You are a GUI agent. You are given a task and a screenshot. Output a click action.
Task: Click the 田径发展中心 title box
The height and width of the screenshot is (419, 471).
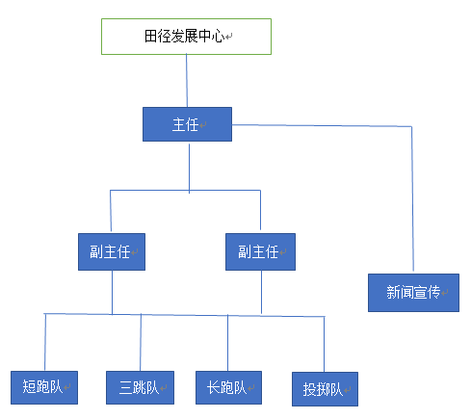(x=186, y=37)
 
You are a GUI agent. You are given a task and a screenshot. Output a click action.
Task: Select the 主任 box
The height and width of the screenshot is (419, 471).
(x=187, y=124)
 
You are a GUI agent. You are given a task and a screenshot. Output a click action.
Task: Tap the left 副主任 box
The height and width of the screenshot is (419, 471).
(x=112, y=251)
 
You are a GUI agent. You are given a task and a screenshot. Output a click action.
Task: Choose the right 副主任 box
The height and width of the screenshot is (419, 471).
(x=260, y=251)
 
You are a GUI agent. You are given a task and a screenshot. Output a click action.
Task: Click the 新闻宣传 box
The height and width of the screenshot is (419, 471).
(x=413, y=293)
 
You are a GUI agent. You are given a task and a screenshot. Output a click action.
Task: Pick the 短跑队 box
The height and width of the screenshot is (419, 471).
(x=44, y=387)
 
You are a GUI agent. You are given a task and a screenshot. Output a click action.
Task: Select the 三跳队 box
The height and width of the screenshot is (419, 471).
(x=140, y=387)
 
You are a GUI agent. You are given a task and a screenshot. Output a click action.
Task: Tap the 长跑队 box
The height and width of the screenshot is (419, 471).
(x=228, y=387)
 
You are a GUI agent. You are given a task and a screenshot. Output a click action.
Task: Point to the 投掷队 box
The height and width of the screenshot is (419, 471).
(x=325, y=389)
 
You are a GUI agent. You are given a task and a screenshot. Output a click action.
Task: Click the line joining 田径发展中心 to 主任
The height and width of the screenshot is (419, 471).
(x=187, y=81)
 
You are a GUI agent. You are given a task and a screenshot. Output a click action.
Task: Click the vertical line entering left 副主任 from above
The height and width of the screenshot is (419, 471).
(x=111, y=211)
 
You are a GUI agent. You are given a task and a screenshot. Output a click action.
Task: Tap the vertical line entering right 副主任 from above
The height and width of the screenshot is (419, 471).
(x=260, y=210)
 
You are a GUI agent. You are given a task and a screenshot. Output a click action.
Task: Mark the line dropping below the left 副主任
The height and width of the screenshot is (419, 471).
(x=112, y=292)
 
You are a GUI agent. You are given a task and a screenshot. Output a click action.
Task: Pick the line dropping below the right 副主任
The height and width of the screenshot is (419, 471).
(x=261, y=292)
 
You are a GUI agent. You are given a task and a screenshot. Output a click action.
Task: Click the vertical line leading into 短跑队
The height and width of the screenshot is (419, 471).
(x=45, y=342)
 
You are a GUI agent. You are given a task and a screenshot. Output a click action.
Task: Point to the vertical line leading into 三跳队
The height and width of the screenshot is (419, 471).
(x=141, y=343)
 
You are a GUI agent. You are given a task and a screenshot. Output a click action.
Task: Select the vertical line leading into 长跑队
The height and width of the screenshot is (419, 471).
(x=228, y=343)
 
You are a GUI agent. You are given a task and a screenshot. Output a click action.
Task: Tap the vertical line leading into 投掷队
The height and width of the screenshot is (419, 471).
(x=325, y=344)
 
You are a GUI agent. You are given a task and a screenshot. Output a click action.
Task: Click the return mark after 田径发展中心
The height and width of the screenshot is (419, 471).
(x=228, y=37)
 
